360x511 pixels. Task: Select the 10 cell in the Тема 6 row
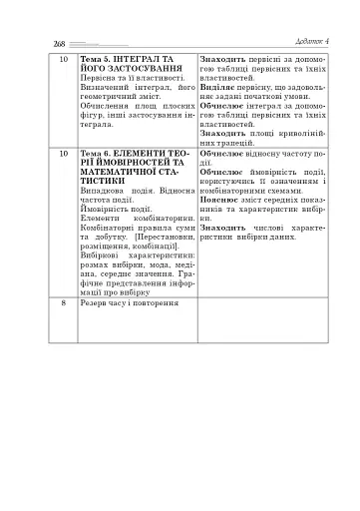pos(62,155)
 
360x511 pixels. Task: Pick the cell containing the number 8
pos(62,298)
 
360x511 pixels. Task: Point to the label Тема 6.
pos(97,155)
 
